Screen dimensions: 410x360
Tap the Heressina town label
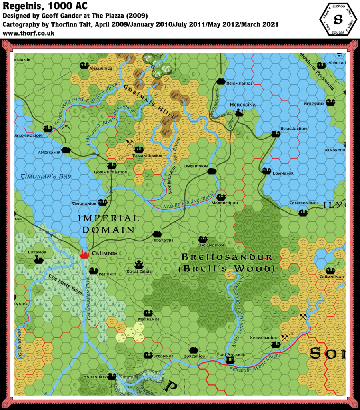coord(243,105)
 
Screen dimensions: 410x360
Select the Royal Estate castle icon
coord(139,265)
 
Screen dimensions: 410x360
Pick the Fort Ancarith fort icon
coord(230,360)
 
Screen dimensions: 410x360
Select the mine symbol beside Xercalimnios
coord(285,338)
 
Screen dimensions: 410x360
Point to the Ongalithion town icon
coord(212,171)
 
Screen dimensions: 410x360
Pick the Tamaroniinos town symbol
coord(303,213)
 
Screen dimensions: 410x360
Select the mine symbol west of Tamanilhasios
coord(130,142)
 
